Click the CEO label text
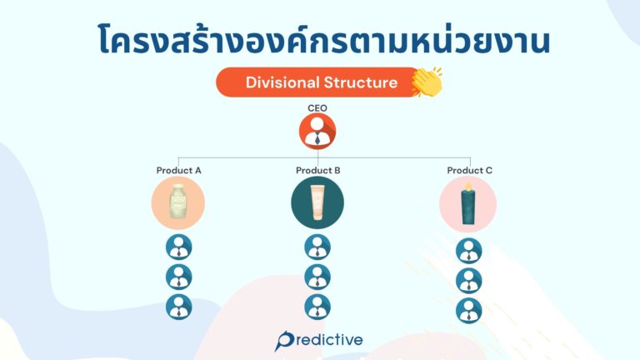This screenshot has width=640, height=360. tap(317, 107)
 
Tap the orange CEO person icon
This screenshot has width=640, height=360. tap(317, 132)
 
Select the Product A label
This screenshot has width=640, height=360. tap(179, 171)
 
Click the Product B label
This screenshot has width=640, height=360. tap(317, 171)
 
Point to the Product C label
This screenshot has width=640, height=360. tap(469, 171)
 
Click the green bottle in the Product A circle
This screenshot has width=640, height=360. tap(178, 204)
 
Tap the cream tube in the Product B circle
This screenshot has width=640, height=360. tap(317, 204)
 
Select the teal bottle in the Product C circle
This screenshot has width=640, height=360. tap(468, 204)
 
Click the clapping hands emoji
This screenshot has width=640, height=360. tap(427, 82)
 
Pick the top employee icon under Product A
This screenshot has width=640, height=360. tap(179, 247)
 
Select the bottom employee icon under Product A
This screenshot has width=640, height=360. tap(179, 307)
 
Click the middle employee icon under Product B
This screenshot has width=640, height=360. tap(317, 277)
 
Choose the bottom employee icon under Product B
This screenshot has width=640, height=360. tap(317, 307)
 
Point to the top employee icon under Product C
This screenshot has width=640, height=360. tap(469, 251)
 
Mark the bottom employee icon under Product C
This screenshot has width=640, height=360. tap(469, 310)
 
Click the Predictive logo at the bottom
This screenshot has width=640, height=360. tap(319, 340)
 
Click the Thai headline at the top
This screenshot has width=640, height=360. tap(320, 40)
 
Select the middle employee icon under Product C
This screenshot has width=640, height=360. tap(469, 281)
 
